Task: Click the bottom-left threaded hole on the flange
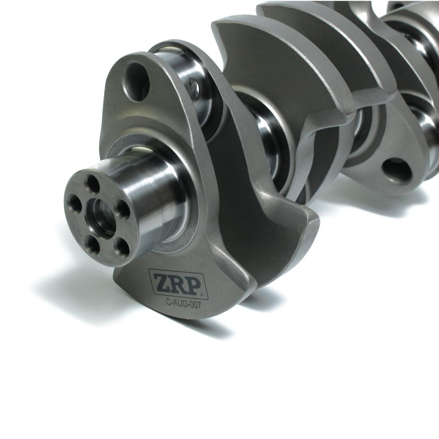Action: (93, 242)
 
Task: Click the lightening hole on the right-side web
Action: (397, 170)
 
